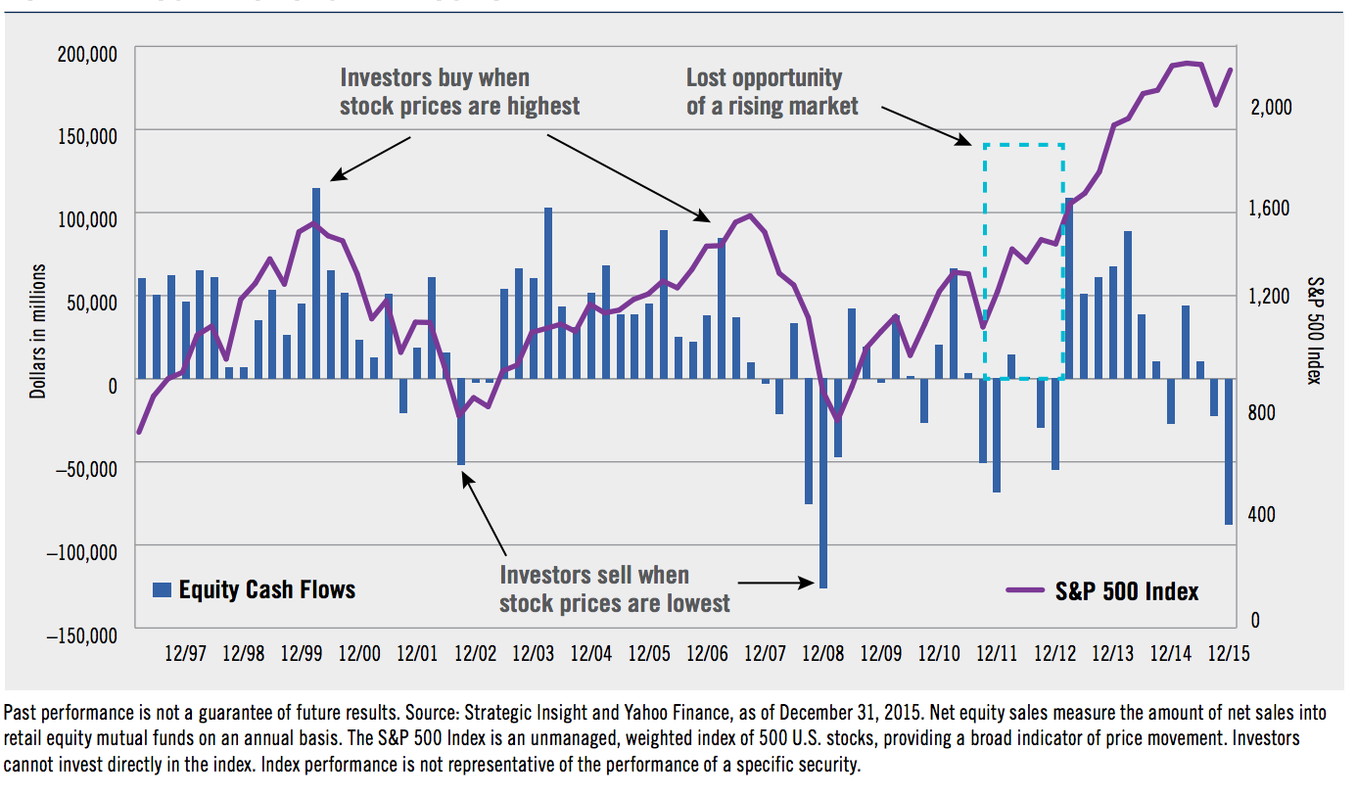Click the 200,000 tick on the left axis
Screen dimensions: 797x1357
coord(84,52)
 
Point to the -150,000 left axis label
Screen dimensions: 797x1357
coord(82,635)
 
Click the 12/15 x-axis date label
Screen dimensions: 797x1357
coord(1228,653)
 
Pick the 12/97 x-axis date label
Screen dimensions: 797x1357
coord(185,653)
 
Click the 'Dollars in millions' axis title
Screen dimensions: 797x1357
coord(37,330)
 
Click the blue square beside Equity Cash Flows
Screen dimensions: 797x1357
coord(162,589)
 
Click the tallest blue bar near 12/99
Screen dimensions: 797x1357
coord(316,283)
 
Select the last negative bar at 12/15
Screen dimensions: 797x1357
coord(1229,451)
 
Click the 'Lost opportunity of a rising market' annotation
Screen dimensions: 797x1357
coord(772,92)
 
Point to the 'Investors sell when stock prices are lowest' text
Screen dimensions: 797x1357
coord(614,589)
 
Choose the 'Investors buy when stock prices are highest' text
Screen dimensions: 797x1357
coord(459,92)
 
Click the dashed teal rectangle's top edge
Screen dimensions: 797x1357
coord(1023,145)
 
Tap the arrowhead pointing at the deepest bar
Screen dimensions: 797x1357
coord(809,583)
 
